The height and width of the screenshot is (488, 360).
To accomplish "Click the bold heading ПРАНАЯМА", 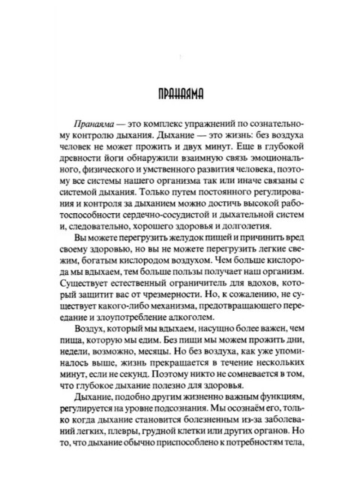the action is tap(178, 97).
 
